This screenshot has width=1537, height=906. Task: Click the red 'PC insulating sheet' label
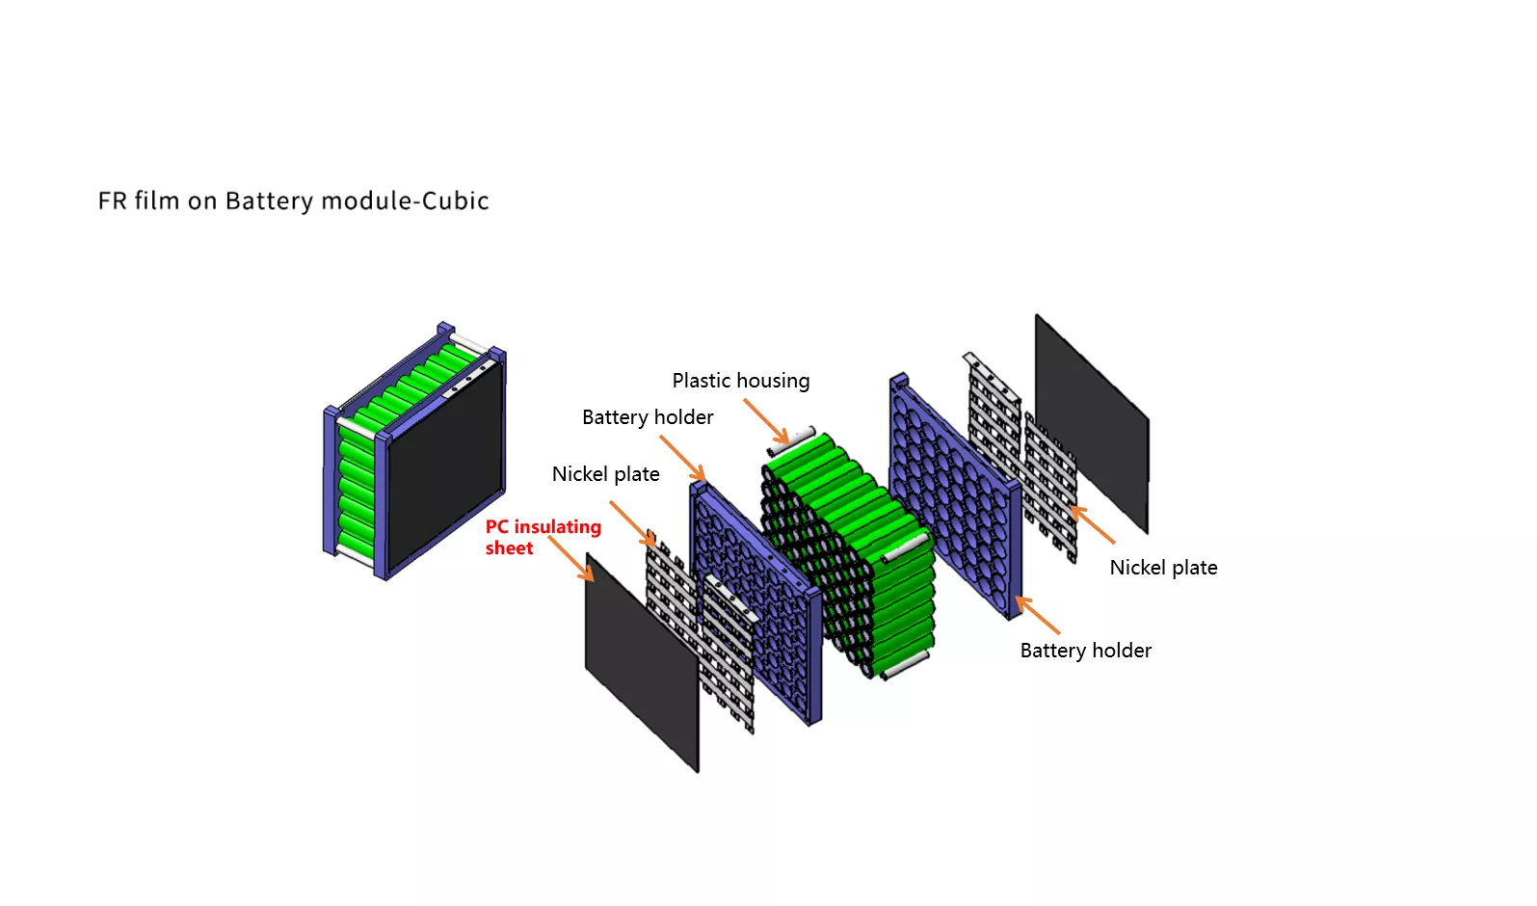pyautogui.click(x=543, y=538)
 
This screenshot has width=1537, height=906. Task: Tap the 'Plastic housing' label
pyautogui.click(x=741, y=381)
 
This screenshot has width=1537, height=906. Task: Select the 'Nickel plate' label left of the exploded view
pyautogui.click(x=606, y=473)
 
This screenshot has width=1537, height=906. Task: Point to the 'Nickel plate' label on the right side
pyautogui.click(x=1164, y=568)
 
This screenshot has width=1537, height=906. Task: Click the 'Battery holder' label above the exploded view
pyautogui.click(x=648, y=417)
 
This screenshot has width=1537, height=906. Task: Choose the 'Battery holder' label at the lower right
pyautogui.click(x=1085, y=651)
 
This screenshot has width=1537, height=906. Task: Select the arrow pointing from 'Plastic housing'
pyautogui.click(x=766, y=422)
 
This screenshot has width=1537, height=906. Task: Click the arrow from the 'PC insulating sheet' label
pyautogui.click(x=570, y=559)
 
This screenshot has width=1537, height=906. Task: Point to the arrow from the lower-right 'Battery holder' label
pyautogui.click(x=1038, y=615)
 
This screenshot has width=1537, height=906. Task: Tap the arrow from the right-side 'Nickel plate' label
pyautogui.click(x=1093, y=525)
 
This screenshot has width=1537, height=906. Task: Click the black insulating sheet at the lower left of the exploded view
pyautogui.click(x=642, y=662)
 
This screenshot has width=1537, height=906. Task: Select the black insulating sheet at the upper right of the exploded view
pyautogui.click(x=1093, y=423)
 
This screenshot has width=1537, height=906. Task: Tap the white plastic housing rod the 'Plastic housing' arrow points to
pyautogui.click(x=791, y=440)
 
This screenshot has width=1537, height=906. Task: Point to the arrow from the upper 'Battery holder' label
pyautogui.click(x=682, y=459)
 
